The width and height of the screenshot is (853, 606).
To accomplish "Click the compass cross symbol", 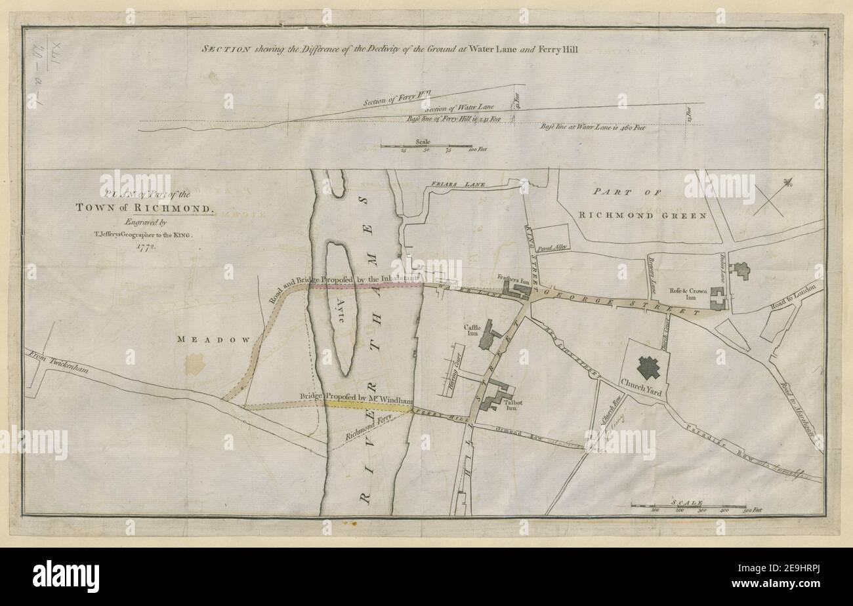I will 768,199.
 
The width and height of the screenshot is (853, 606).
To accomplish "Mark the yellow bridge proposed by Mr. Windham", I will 367,407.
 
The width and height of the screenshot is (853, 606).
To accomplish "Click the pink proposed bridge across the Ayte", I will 365,286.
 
